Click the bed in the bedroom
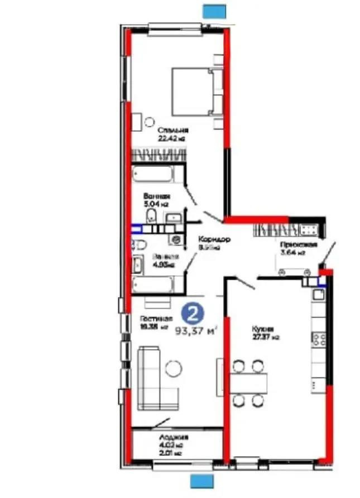195,92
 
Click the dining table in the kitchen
248,383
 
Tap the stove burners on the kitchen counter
319,338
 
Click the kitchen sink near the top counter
319,294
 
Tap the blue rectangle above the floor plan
214,11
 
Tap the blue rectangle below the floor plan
202,481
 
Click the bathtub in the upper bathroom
153,174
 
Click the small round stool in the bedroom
149,121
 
